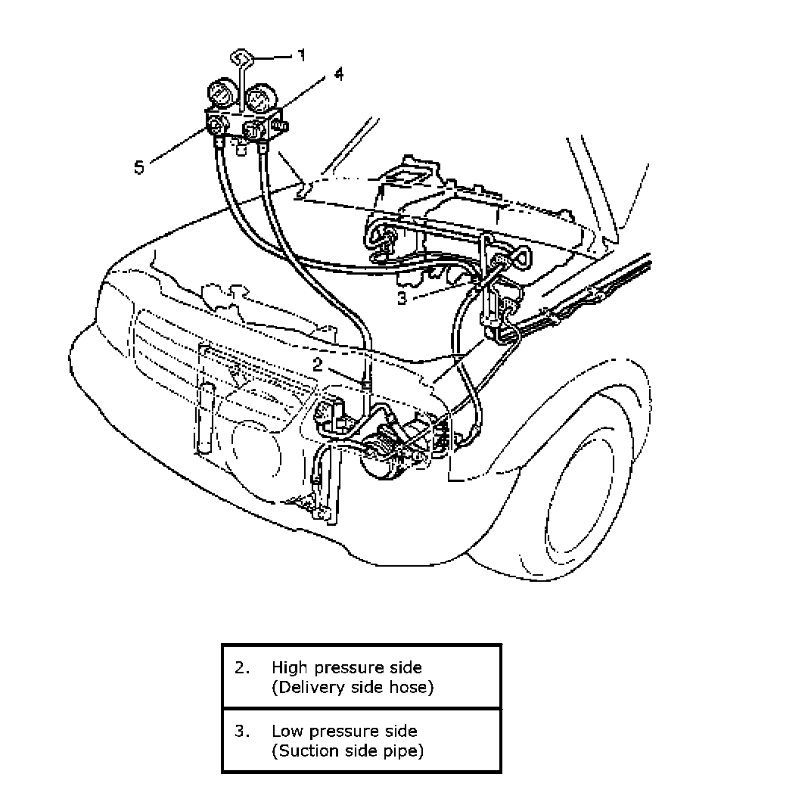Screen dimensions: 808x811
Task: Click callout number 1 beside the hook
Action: pos(301,55)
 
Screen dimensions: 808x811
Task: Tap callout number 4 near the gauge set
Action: pos(338,74)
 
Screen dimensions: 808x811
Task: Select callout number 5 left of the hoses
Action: pos(139,166)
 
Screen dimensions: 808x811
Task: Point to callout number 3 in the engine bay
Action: pos(402,297)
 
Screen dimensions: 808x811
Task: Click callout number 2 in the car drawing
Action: pos(318,364)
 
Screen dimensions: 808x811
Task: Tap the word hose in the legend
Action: pos(415,687)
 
